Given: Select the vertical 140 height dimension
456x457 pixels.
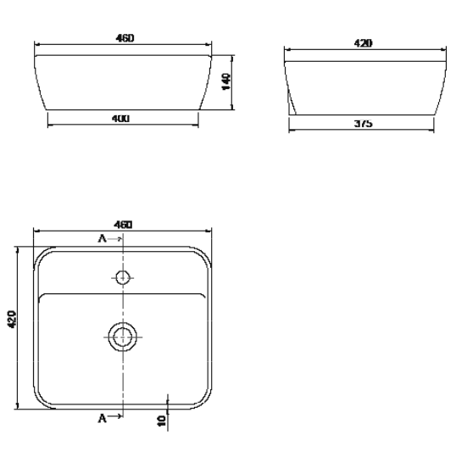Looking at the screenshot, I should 225,82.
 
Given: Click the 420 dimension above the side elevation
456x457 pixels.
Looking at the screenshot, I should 364,42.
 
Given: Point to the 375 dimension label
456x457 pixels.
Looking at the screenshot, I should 363,124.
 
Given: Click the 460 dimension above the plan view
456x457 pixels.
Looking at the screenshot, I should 122,225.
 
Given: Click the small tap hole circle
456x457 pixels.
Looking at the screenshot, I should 123,276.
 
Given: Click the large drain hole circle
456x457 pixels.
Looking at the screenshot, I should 123,336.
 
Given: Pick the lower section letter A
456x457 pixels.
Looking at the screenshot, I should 103,418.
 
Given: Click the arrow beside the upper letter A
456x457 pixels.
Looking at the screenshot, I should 116,240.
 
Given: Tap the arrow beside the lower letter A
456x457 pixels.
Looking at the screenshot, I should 116,418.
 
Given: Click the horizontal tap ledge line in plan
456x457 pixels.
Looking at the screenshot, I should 123,293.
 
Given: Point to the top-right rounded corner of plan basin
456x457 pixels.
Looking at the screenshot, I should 203,255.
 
